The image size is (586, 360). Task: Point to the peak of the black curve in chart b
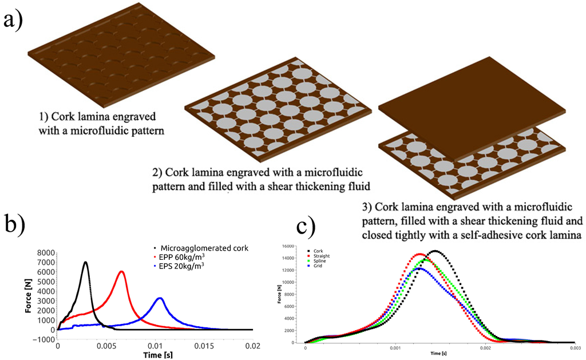[x=85, y=246]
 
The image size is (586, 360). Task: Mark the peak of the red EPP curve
[x=121, y=271]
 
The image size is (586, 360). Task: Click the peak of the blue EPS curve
[x=160, y=298]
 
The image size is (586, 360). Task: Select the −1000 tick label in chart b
[x=42, y=339]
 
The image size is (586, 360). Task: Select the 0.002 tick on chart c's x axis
[x=485, y=347]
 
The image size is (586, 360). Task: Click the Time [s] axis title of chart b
[x=155, y=355]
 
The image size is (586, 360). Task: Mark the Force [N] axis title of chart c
[x=280, y=294]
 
